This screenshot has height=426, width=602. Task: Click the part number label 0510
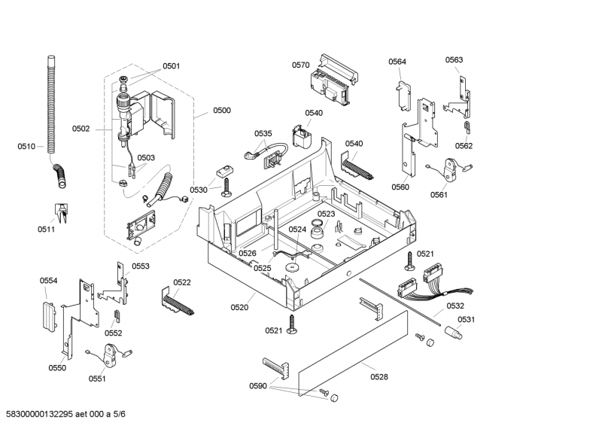click(26, 147)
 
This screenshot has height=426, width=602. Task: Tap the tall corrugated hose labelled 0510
click(51, 105)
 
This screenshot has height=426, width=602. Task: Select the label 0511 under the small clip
click(47, 230)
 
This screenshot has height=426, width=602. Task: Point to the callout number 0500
click(221, 111)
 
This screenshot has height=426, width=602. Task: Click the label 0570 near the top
click(300, 65)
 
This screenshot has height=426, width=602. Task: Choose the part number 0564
click(397, 62)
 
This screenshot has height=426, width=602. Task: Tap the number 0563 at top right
click(454, 59)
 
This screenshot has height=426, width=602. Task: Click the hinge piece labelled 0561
click(454, 170)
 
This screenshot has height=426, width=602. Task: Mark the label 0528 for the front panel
click(380, 376)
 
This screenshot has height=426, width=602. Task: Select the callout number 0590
click(258, 386)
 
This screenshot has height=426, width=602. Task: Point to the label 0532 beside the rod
click(455, 306)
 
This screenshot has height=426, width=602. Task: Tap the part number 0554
click(49, 281)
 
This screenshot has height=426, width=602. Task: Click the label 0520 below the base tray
click(239, 307)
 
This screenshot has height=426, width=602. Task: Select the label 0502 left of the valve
click(81, 129)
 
